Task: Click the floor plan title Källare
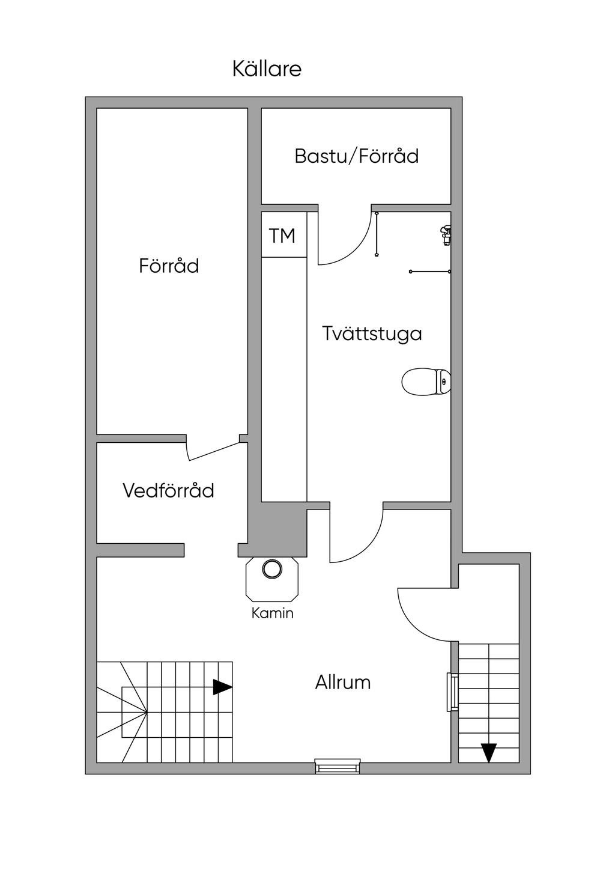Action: pyautogui.click(x=267, y=69)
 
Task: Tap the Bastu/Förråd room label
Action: pyautogui.click(x=356, y=156)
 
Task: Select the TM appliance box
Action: pyautogui.click(x=283, y=236)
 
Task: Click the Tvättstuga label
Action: pyautogui.click(x=372, y=333)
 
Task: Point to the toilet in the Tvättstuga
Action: pyautogui.click(x=426, y=382)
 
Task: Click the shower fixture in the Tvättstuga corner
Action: pyautogui.click(x=445, y=235)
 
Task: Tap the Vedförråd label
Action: pyautogui.click(x=168, y=491)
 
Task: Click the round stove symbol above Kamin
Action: pyautogui.click(x=272, y=569)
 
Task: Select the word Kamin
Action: pyautogui.click(x=272, y=613)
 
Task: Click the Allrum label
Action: pyautogui.click(x=343, y=683)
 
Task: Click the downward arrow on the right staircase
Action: pyautogui.click(x=489, y=752)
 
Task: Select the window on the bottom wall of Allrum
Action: pyautogui.click(x=338, y=766)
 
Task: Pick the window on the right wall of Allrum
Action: pyautogui.click(x=453, y=692)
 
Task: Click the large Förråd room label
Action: pyautogui.click(x=169, y=266)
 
